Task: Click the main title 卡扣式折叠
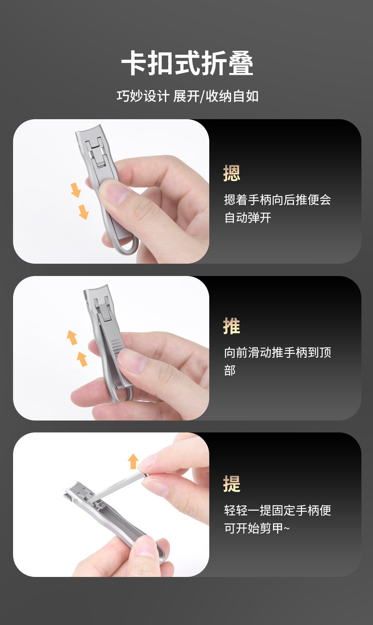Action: coord(187,63)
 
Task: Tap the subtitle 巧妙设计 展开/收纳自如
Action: coord(188,96)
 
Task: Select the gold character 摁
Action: coord(232,173)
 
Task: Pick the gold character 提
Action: coord(232,483)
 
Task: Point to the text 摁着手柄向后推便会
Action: coord(278,200)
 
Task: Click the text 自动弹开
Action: coord(248,218)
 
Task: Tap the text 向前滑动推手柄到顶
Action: coord(278,353)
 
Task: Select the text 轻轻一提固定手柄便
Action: coord(278,511)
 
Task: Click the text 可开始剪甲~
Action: coord(257,528)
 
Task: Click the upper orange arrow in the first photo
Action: coord(76,190)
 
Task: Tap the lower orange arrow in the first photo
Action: coord(84,212)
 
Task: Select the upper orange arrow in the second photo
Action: coord(72,337)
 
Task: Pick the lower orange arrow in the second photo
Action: coord(82,359)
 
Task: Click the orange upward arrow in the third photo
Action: coord(133,461)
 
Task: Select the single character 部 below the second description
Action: coord(230,371)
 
